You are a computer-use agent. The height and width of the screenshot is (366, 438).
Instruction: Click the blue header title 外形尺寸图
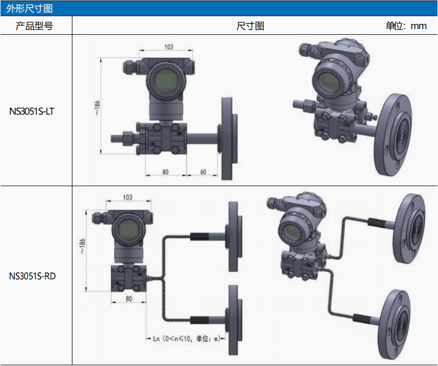pos(29,8)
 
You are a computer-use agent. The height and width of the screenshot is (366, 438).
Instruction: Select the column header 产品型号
pos(34,26)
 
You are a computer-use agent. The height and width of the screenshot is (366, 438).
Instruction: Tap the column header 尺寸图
pos(250,26)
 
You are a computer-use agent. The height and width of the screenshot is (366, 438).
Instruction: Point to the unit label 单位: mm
pos(406,26)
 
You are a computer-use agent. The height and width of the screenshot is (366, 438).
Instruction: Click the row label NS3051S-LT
pos(32,111)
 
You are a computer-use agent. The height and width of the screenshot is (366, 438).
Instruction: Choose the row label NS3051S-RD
pos(32,276)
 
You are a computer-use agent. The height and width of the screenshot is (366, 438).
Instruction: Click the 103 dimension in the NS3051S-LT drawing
pos(169,46)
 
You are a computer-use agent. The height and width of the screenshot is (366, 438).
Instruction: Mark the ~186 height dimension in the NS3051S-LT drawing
pos(97,108)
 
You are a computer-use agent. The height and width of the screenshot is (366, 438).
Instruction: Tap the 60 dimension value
pos(203,172)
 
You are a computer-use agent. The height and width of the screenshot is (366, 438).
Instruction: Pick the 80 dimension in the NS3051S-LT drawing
pos(166,172)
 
